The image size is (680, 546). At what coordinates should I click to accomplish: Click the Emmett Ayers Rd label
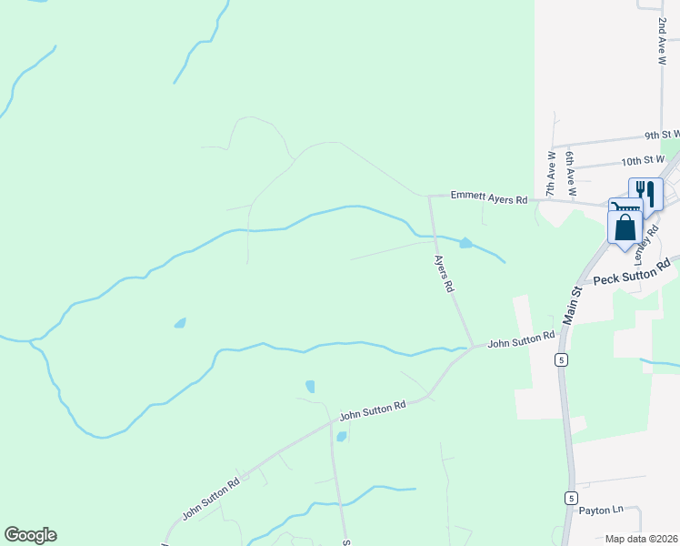tap(490, 198)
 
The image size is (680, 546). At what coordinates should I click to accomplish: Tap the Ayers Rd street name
tap(443, 272)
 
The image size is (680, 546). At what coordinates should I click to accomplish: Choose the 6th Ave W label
tap(570, 174)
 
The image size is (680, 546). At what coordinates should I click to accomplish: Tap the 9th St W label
tap(662, 135)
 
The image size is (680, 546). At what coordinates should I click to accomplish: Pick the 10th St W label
tap(644, 160)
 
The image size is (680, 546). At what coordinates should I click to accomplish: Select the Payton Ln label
tap(602, 511)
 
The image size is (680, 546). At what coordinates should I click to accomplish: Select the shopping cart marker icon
tap(625, 209)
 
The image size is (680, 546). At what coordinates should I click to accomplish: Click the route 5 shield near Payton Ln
tap(570, 498)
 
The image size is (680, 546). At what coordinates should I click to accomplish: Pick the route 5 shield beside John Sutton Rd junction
tap(563, 360)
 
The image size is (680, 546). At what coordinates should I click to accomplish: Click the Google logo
tap(30, 535)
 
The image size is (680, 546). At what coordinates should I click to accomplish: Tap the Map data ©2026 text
tap(641, 539)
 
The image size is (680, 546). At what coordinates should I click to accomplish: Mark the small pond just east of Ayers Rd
tap(466, 242)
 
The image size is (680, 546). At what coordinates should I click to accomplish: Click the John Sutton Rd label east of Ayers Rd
tap(521, 340)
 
